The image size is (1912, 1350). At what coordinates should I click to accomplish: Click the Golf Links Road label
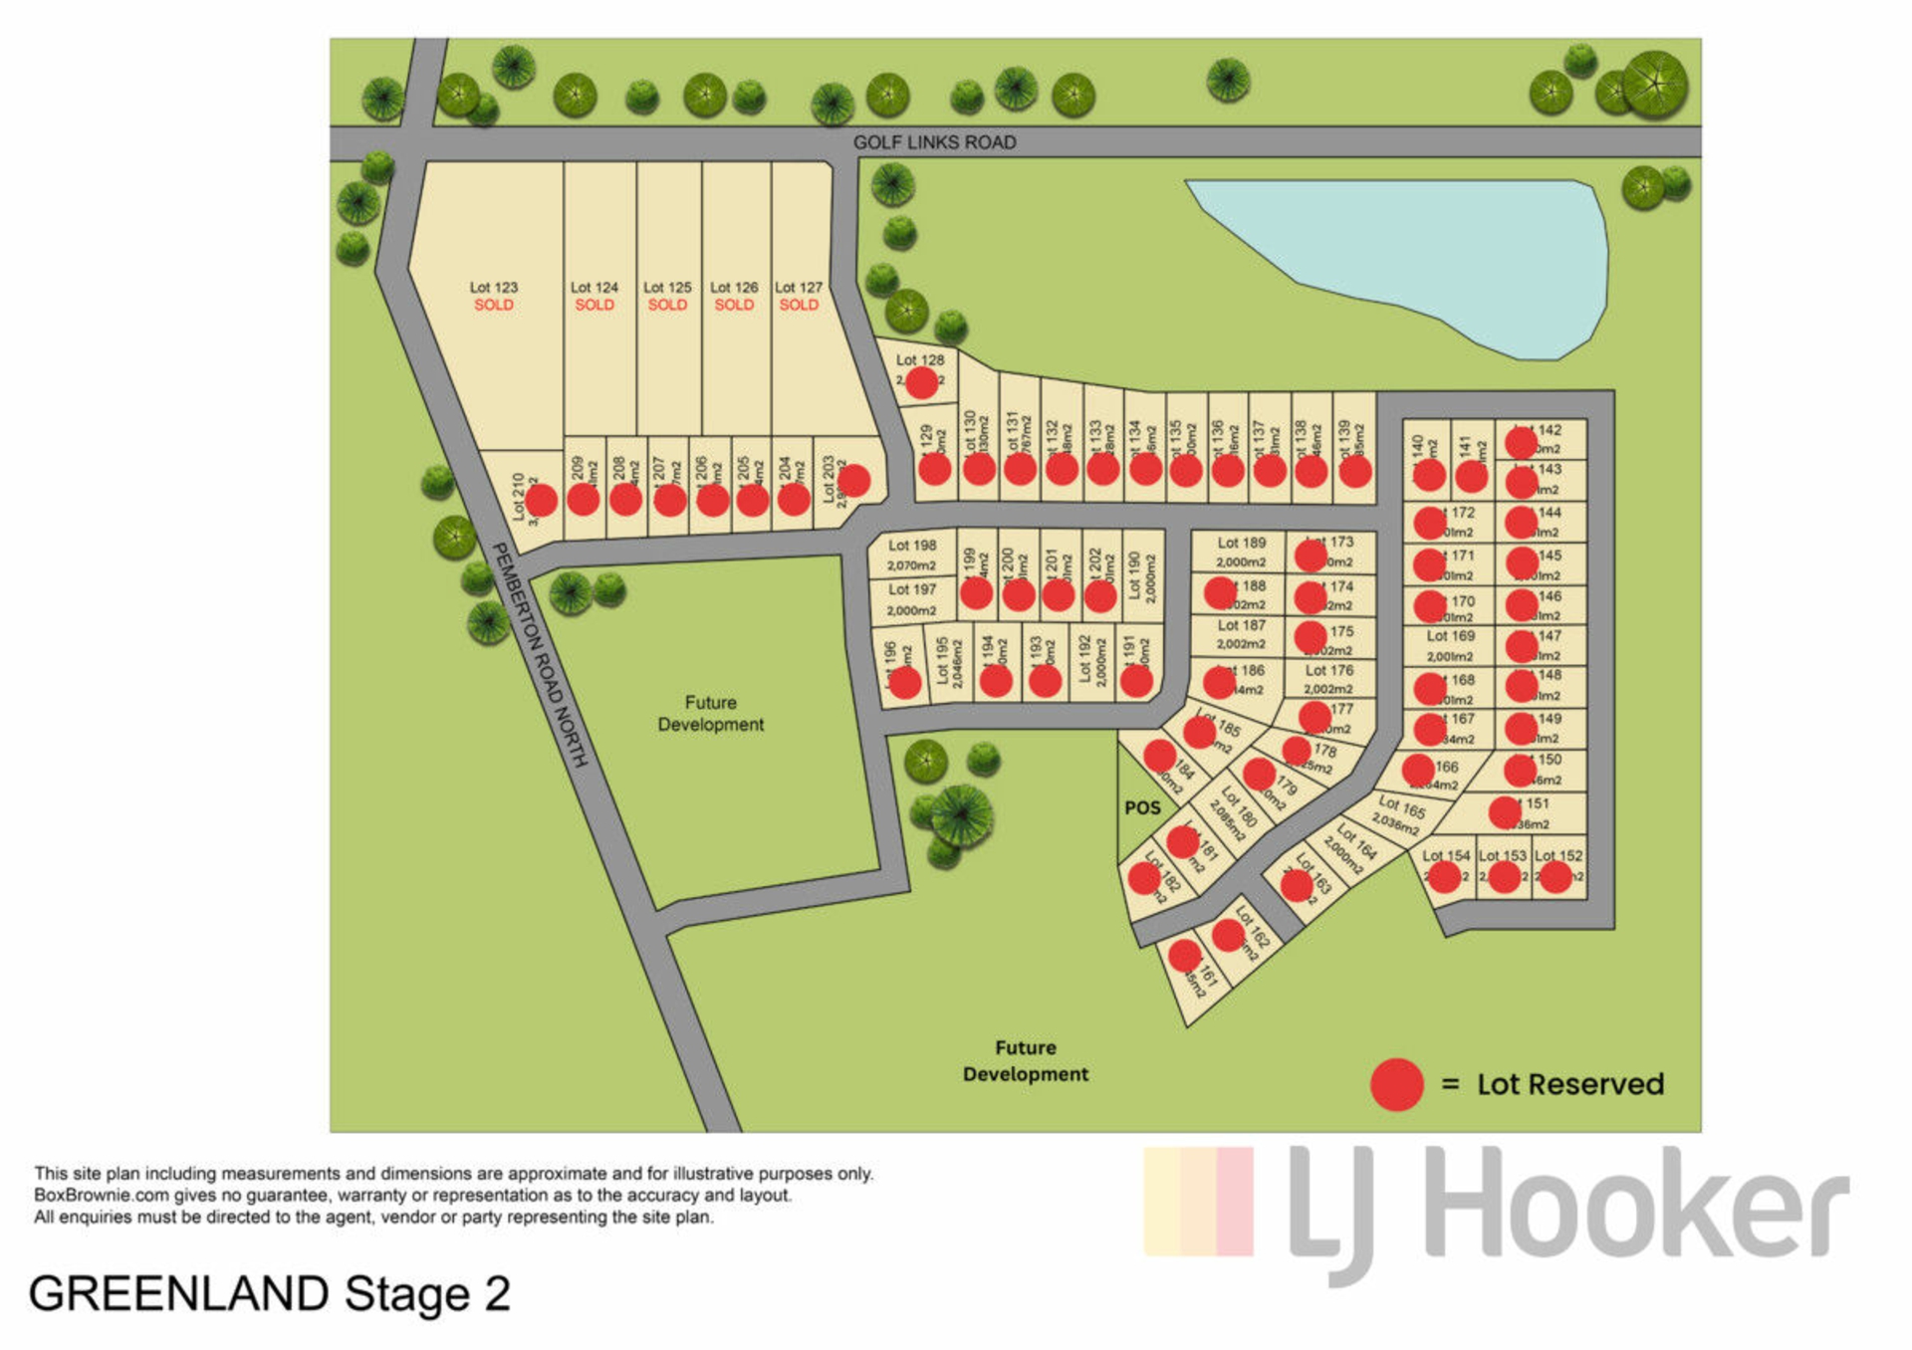click(934, 142)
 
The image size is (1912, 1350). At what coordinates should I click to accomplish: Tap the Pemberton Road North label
click(541, 654)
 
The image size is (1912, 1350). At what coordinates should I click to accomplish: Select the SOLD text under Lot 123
click(494, 305)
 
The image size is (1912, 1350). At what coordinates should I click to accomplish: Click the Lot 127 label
click(799, 287)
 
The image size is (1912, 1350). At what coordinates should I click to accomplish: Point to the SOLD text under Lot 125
click(667, 305)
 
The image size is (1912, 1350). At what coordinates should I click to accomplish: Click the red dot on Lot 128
click(921, 382)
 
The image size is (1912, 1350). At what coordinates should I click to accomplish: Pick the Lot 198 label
click(912, 546)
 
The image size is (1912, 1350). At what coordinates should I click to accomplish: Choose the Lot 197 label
click(912, 589)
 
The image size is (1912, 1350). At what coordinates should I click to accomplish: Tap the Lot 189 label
click(1242, 543)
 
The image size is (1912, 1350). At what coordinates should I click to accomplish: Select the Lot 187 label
click(1242, 625)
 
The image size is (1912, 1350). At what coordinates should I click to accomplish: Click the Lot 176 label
click(1329, 670)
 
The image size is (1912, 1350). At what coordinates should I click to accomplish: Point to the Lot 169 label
click(1450, 635)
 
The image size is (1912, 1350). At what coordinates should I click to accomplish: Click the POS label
click(1142, 807)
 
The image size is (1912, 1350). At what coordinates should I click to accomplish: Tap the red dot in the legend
click(1396, 1084)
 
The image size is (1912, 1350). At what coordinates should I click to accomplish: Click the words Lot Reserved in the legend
click(1570, 1084)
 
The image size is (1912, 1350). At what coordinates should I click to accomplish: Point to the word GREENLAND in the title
click(179, 1294)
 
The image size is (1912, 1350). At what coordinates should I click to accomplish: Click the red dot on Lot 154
click(1444, 876)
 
